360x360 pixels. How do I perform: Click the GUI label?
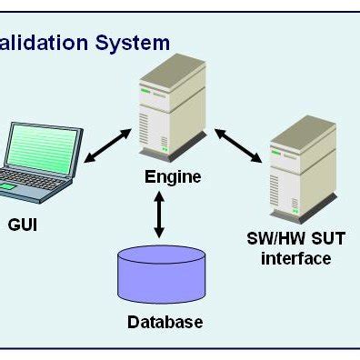[x=23, y=222]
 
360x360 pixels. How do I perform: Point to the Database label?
[x=165, y=321]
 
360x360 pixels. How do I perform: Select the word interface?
[x=295, y=259]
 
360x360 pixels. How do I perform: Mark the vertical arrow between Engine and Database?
[x=161, y=216]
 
